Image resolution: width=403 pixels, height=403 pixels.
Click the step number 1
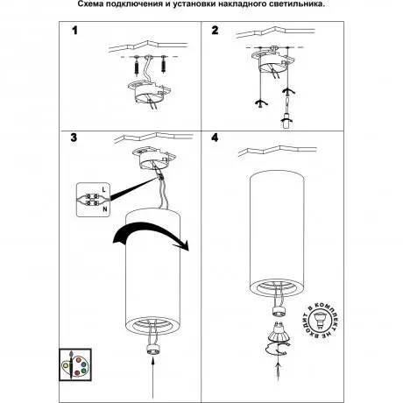75,31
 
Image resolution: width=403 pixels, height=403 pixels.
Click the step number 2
215,31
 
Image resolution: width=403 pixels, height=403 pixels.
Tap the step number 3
74,138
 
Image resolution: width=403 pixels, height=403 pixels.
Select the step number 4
215,138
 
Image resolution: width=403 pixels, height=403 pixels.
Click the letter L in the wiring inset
104,189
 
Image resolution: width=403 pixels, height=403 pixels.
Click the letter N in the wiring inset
104,209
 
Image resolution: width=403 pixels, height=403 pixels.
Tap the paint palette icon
75,364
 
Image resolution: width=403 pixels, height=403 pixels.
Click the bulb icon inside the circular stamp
320,320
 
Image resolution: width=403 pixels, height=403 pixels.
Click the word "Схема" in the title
88,4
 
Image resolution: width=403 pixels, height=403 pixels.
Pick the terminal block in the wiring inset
91,200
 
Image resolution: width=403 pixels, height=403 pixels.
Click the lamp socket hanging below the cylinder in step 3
153,349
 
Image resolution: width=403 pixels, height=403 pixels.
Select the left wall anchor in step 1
137,66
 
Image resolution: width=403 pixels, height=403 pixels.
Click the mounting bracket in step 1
149,92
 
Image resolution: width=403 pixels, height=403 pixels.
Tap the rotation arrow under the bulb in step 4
278,349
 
